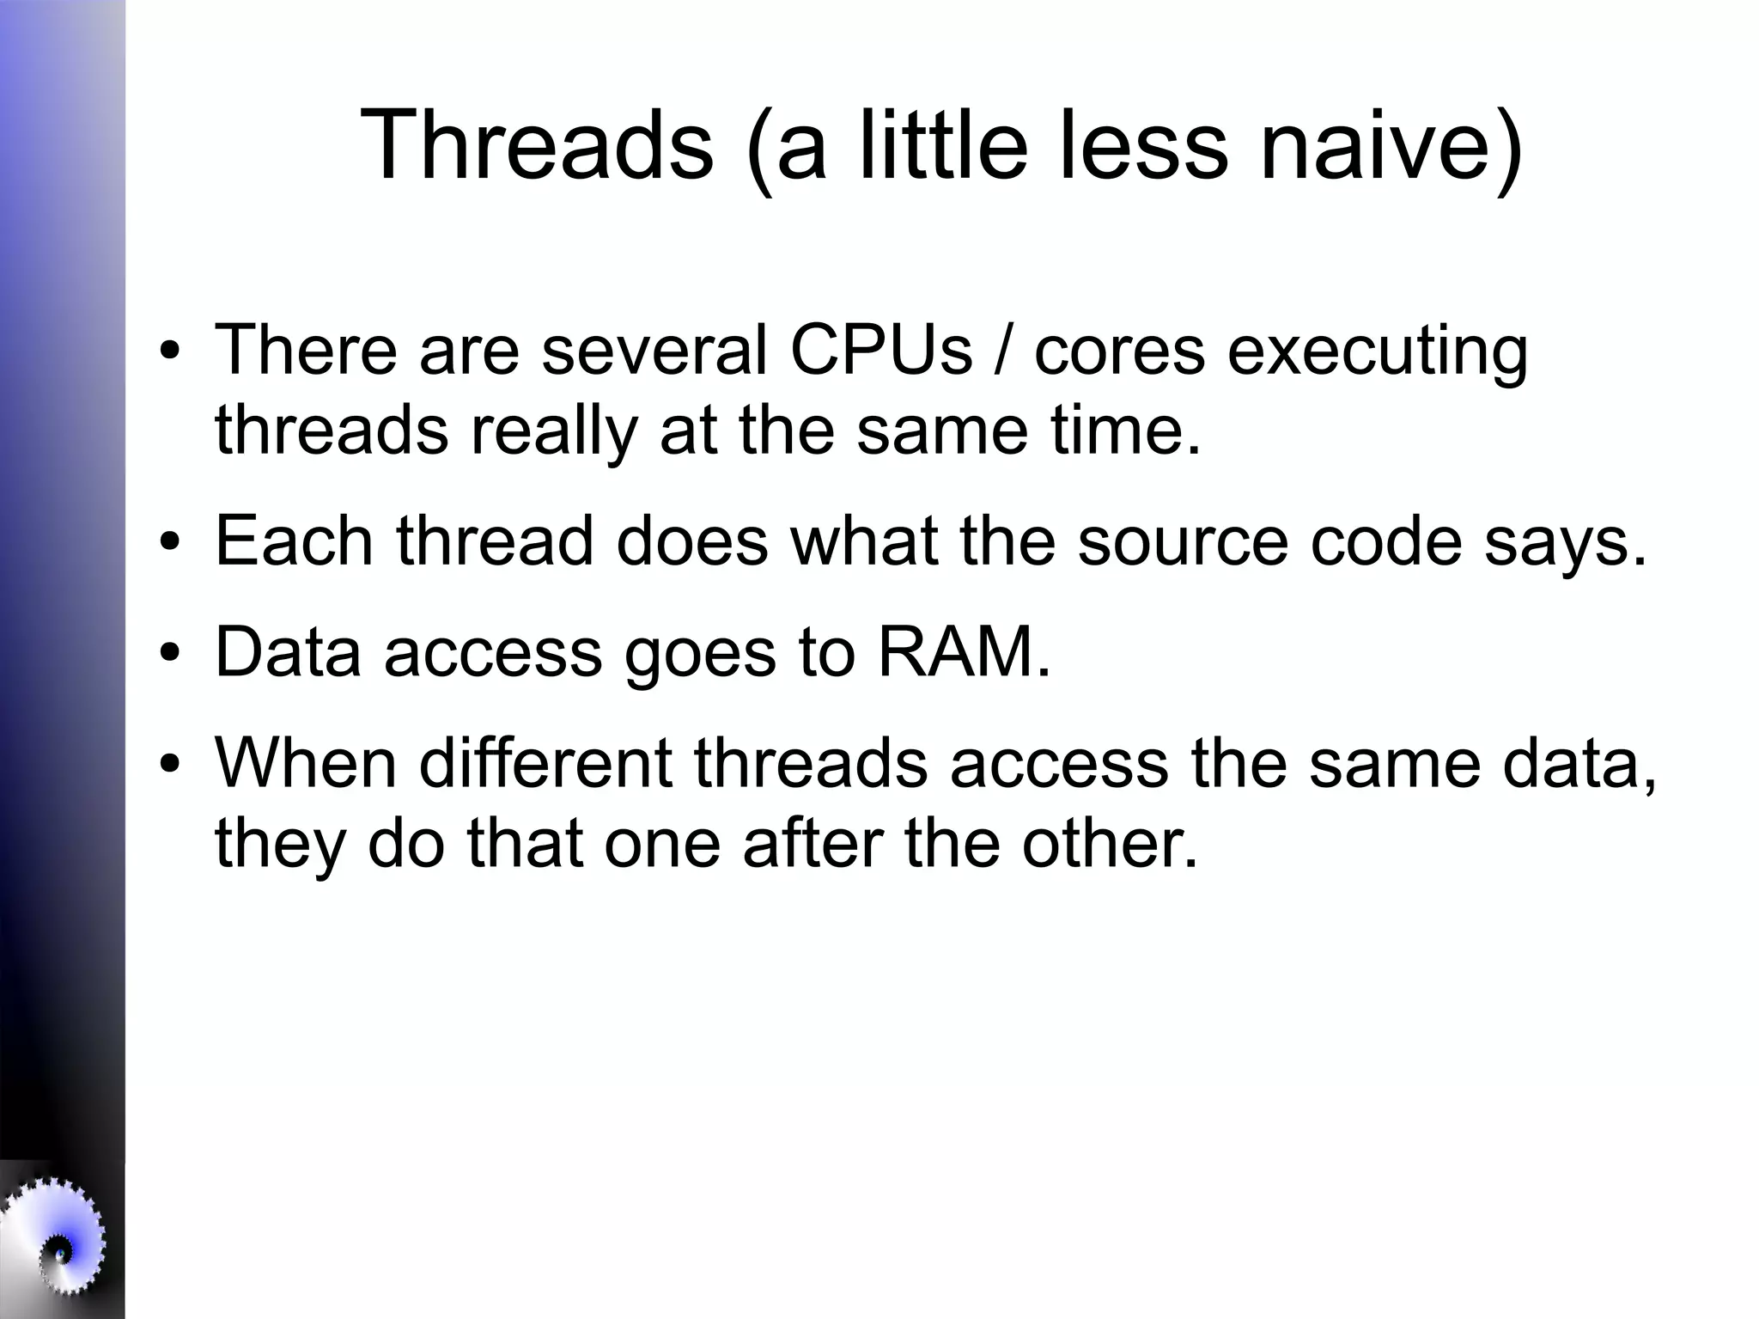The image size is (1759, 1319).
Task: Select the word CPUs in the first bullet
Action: (x=881, y=350)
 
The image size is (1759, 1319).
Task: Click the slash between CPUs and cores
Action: (x=1002, y=350)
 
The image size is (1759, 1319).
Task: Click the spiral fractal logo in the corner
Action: (x=56, y=1246)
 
